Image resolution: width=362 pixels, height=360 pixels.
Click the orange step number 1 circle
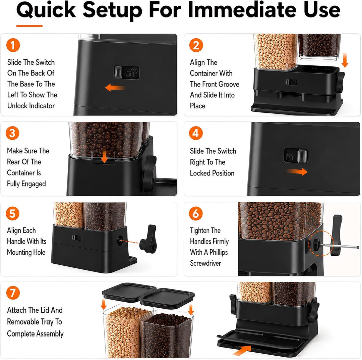[13, 45]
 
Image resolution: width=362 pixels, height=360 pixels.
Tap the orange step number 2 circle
[196, 45]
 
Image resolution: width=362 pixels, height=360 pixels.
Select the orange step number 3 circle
[12, 133]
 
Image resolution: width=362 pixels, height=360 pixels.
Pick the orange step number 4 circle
[196, 133]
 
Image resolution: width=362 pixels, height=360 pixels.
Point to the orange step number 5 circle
[12, 213]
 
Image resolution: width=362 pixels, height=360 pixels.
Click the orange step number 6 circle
[196, 213]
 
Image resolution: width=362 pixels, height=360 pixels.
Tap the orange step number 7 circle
[13, 293]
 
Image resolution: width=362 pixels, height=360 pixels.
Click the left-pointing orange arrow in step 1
[115, 88]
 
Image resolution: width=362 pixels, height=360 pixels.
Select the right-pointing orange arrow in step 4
[297, 172]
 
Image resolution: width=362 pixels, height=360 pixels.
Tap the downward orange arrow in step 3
[105, 154]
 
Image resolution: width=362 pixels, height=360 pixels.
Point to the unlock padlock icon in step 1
[132, 72]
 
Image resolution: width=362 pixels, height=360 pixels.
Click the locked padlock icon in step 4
[289, 156]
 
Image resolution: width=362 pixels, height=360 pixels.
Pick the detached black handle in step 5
[148, 237]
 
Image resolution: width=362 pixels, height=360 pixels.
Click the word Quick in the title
[46, 10]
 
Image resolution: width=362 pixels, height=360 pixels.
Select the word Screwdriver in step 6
[205, 263]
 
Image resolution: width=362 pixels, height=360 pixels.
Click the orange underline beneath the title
[29, 26]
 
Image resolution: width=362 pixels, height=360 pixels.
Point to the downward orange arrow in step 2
[345, 60]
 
